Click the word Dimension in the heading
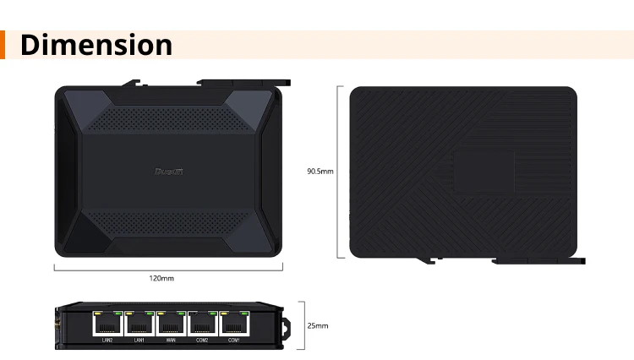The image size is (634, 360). [96, 45]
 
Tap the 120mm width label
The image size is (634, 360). [161, 278]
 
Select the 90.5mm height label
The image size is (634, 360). [320, 172]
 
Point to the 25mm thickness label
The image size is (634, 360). [318, 325]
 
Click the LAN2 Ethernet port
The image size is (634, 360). [107, 324]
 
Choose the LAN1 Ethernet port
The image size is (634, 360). [139, 324]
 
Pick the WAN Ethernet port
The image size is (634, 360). [171, 324]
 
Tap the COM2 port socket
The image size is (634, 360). [202, 324]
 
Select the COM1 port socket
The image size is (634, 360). [234, 324]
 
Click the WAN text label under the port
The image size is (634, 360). [171, 341]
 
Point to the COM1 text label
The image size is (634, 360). [234, 341]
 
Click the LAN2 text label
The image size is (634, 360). [107, 341]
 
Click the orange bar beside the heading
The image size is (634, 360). [3, 45]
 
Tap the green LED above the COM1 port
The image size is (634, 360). [243, 314]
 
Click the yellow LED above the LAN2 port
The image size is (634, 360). [97, 314]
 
